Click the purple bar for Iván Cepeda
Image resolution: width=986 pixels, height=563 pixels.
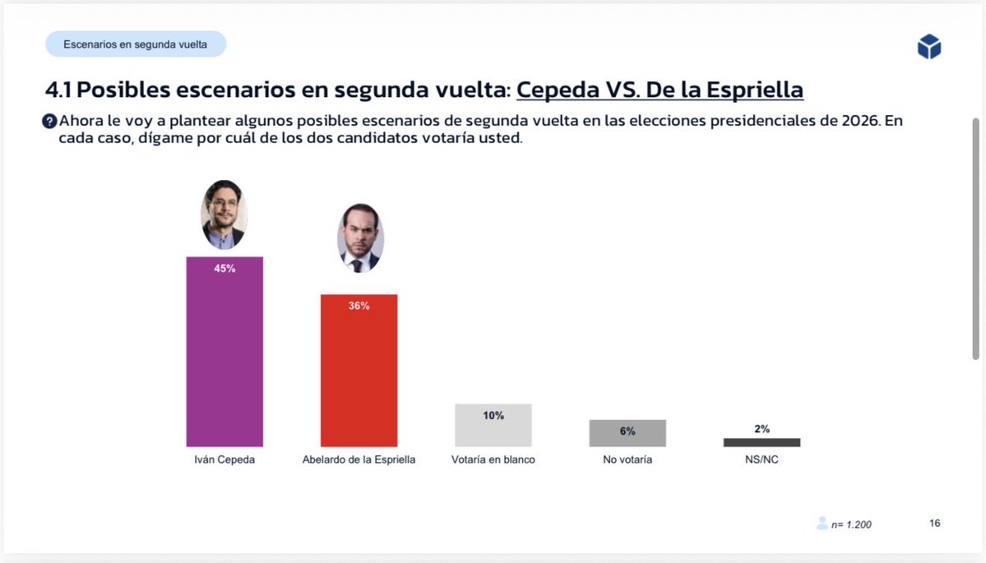225,362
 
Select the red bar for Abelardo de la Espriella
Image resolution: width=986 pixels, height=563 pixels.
359,378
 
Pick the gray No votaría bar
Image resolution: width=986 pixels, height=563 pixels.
627,433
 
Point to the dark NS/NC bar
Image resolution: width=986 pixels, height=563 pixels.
761,442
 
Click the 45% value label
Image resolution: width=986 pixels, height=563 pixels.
225,269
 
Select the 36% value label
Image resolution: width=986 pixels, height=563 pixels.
359,306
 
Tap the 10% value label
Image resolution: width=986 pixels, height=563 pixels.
493,416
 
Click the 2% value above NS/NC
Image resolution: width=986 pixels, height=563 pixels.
761,429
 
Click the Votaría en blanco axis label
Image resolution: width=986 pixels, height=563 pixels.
493,459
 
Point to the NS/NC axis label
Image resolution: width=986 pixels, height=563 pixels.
761,459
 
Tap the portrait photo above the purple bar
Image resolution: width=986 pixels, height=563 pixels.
224,215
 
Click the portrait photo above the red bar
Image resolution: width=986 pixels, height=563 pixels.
360,238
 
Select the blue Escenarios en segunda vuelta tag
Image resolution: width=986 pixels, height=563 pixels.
136,44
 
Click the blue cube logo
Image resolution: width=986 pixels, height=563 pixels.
928,47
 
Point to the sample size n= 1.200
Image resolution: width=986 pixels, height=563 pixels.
850,524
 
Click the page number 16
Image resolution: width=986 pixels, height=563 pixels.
935,524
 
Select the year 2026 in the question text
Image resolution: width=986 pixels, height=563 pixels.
861,121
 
